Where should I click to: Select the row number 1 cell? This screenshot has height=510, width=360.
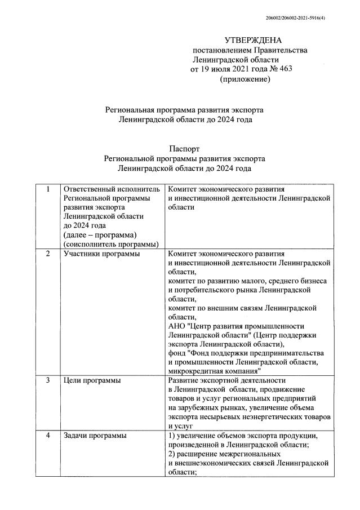48,189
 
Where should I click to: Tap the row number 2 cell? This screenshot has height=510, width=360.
48,254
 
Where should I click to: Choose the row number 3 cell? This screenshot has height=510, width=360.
48,381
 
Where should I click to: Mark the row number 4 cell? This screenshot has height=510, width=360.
48,436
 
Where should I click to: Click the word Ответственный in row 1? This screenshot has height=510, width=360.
90,189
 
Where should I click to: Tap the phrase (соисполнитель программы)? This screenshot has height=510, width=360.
112,243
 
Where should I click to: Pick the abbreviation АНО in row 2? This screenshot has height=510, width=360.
177,326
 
